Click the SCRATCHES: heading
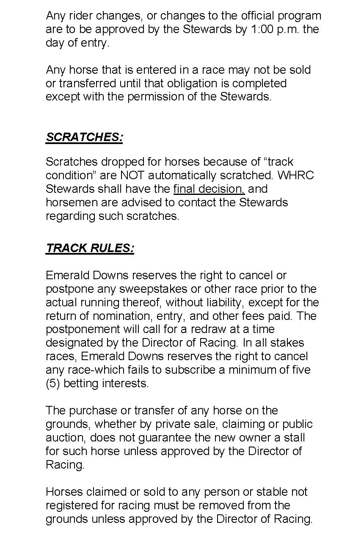[84, 137]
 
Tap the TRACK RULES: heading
[90, 248]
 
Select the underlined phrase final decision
[209, 189]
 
